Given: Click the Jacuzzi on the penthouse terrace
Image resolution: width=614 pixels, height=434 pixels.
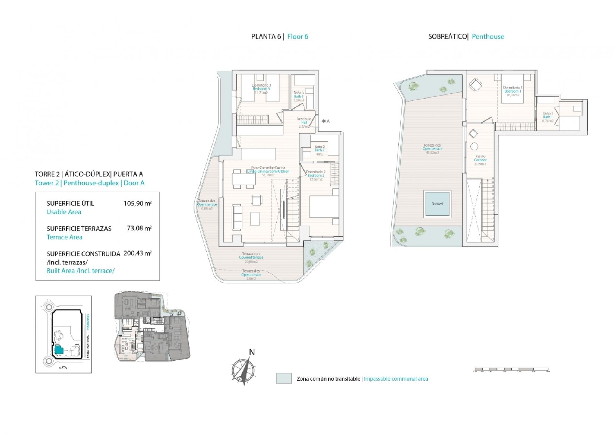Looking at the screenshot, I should pyautogui.click(x=437, y=203).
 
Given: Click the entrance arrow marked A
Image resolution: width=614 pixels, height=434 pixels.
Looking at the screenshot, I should pyautogui.click(x=325, y=121).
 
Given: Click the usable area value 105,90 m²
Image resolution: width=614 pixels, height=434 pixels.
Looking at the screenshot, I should pyautogui.click(x=137, y=203).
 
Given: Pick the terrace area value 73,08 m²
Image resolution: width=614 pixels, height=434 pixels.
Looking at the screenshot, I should pyautogui.click(x=139, y=228).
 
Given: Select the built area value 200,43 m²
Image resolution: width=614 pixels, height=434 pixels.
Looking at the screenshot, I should pyautogui.click(x=137, y=253).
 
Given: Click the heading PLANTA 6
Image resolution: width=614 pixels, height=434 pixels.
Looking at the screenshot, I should pyautogui.click(x=266, y=36).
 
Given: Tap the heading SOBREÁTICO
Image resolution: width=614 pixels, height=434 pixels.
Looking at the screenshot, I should pyautogui.click(x=448, y=36).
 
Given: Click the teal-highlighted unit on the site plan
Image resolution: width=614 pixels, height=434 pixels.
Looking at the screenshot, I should pyautogui.click(x=59, y=350).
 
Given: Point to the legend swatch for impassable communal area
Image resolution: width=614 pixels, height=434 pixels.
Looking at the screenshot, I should pyautogui.click(x=284, y=378).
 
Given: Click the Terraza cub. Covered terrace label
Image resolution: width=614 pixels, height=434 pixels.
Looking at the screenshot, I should pyautogui.click(x=251, y=258).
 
